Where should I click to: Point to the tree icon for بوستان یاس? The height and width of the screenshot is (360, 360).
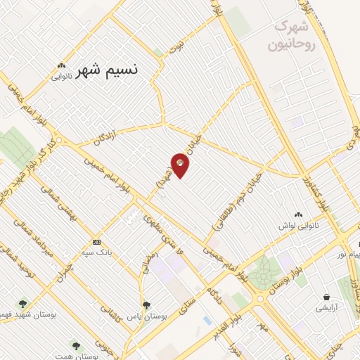[x=146, y=305]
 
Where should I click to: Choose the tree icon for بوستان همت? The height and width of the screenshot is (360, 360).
[x=76, y=345]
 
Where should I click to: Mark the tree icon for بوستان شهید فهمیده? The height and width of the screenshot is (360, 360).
[x=23, y=304]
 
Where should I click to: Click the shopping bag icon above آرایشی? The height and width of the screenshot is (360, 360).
[x=327, y=297]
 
